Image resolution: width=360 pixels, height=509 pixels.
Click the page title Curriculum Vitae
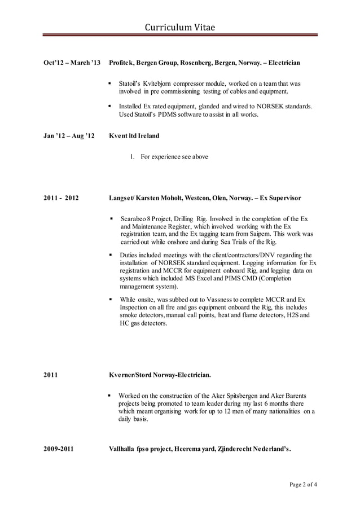click(x=180, y=27)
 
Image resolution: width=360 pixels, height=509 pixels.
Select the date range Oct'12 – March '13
click(x=72, y=62)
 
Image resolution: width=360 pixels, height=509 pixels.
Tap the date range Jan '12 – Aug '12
click(x=69, y=135)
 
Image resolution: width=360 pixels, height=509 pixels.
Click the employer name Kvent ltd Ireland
click(x=134, y=135)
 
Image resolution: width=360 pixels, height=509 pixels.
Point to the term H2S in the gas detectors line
click(x=292, y=315)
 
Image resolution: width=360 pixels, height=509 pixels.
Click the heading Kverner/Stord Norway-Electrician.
click(x=160, y=374)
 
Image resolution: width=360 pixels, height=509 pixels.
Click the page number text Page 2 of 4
click(x=304, y=485)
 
